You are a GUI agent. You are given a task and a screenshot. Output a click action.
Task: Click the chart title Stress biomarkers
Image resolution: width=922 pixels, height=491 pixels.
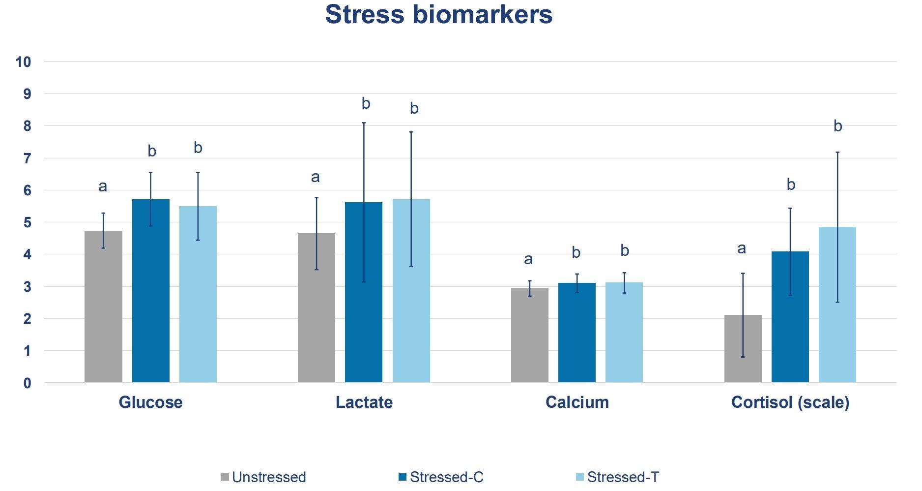pos(438,15)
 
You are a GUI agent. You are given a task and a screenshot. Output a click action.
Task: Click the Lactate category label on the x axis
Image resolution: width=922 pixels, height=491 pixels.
pos(364,402)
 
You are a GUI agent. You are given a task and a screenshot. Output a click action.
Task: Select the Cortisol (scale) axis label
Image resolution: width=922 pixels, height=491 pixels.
pos(790,402)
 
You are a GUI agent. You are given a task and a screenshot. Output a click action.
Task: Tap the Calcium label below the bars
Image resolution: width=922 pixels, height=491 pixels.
pos(576,402)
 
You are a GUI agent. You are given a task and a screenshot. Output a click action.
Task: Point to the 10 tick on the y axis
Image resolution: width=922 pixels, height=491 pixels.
pos(23,62)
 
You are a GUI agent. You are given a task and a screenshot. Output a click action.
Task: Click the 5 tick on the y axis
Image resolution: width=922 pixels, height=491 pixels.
pos(27,222)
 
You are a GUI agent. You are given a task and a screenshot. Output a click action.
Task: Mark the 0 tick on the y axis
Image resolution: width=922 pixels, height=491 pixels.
pos(27,383)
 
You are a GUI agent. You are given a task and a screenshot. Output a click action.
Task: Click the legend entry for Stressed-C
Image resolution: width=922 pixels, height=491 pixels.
pos(446,477)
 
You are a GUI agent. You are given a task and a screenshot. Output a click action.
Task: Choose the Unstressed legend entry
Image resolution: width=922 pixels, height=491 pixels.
pos(268,477)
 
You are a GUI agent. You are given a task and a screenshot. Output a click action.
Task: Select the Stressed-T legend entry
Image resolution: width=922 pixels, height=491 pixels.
pos(622,477)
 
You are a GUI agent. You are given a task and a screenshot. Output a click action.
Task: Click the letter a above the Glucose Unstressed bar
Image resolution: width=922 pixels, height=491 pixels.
pos(103,186)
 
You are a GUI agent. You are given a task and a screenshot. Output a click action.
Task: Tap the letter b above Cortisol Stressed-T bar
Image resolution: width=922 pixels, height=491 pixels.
pos(837,126)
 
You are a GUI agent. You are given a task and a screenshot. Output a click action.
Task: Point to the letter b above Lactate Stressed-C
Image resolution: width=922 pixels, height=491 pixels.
pos(366,103)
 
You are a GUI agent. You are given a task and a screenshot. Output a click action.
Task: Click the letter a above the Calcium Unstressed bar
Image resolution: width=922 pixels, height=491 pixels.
pos(528,259)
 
